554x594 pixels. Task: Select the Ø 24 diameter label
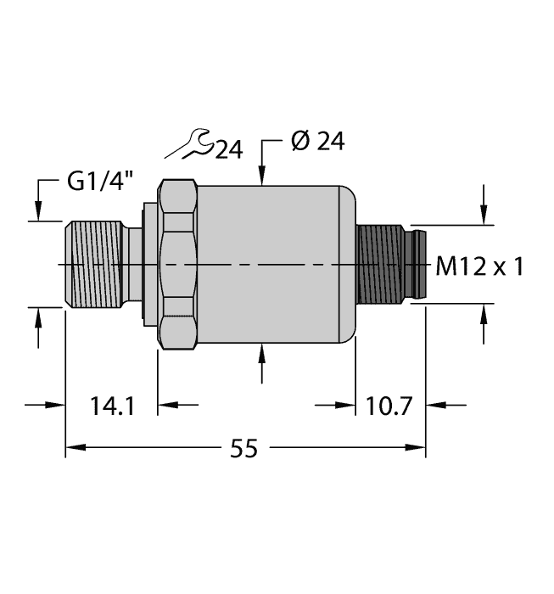coord(317,142)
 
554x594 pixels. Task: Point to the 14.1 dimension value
coord(111,406)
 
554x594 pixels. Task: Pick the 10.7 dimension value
coord(389,406)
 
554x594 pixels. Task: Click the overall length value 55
coord(244,448)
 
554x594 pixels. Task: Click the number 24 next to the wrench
coord(227,150)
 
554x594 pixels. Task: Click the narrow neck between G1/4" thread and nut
coord(136,265)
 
